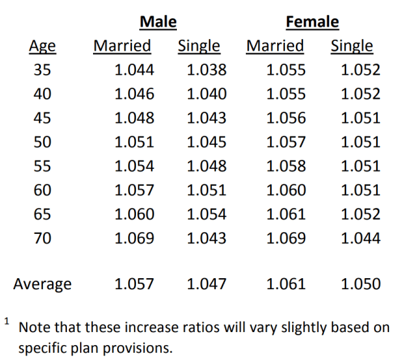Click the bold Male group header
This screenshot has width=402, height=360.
coord(159,21)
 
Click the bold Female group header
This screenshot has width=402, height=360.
coord(312,21)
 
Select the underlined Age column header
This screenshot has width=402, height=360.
coord(42,46)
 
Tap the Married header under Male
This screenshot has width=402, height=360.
coord(122,46)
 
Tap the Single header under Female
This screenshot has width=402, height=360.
coord(352,46)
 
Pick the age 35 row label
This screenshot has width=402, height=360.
coord(42,70)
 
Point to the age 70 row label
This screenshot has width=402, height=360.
coord(42,238)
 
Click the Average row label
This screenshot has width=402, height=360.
coord(43,284)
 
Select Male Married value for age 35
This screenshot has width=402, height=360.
coord(134,70)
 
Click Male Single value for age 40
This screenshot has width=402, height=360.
coord(207,94)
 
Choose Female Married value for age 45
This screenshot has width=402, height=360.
coord(286,118)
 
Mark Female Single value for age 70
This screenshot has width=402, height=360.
coord(360,238)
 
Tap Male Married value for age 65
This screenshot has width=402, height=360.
coord(134,214)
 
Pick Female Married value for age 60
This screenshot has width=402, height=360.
coord(286,190)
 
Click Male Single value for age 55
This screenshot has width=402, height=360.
coord(207,166)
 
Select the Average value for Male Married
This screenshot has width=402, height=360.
coord(134,284)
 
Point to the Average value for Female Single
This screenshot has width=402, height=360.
coord(360,284)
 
